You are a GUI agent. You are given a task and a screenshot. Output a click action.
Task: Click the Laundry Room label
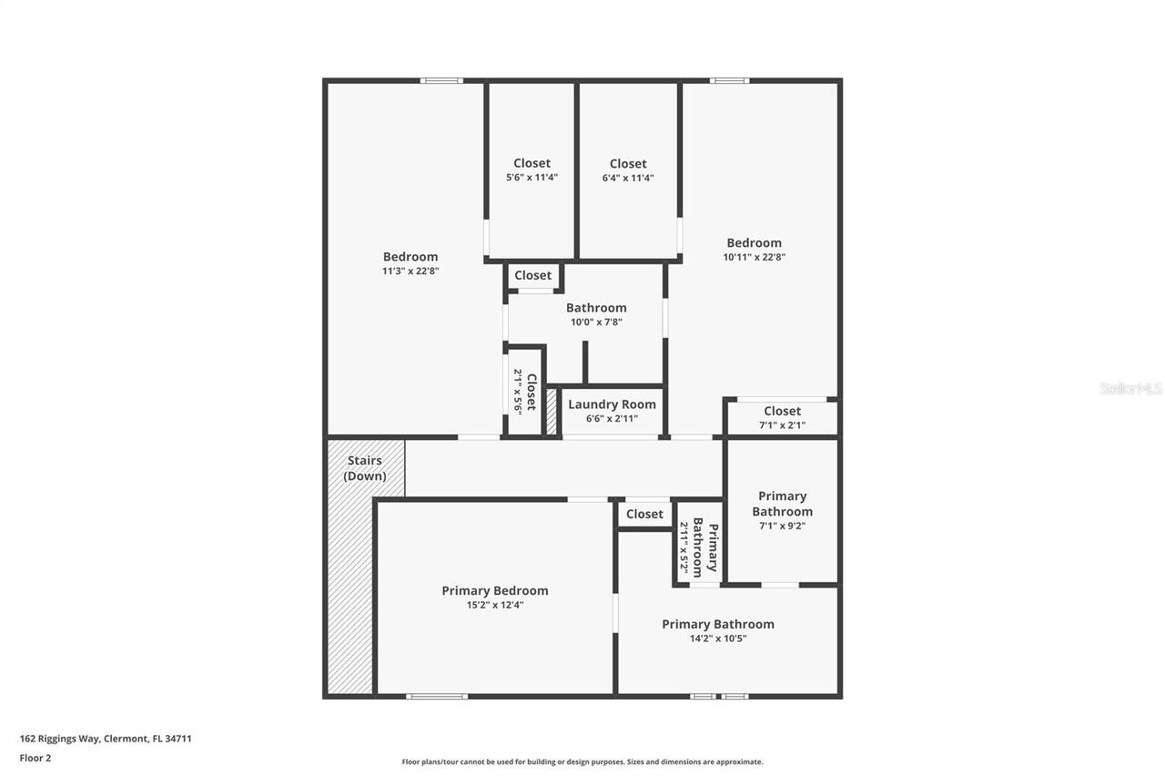(x=612, y=404)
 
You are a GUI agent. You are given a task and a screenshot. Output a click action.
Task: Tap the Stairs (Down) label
(x=365, y=468)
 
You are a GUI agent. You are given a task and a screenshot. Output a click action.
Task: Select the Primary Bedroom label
(x=495, y=590)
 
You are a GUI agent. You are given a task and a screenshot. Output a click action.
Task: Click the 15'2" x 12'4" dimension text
(x=495, y=605)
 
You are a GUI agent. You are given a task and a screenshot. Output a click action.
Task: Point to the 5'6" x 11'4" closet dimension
(x=532, y=178)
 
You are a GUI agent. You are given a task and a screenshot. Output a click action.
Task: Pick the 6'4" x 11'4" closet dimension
(x=628, y=179)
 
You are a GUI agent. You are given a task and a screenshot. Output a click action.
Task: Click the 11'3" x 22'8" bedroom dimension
(x=410, y=271)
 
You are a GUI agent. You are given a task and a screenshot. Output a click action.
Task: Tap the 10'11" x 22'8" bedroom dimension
(x=754, y=257)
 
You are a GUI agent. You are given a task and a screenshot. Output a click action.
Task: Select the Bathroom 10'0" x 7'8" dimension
(x=596, y=322)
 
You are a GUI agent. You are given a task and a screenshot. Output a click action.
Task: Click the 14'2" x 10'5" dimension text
(x=718, y=639)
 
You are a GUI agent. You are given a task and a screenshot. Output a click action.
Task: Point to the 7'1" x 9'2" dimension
(x=782, y=526)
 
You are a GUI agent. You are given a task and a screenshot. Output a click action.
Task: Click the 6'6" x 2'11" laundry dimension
(x=612, y=419)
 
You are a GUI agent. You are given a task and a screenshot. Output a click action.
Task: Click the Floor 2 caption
(x=35, y=757)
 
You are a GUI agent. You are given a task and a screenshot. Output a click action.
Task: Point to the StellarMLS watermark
(x=1130, y=388)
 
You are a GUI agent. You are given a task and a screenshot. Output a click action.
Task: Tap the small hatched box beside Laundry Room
(x=551, y=412)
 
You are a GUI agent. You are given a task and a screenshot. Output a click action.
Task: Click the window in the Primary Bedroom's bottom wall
(x=437, y=696)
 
